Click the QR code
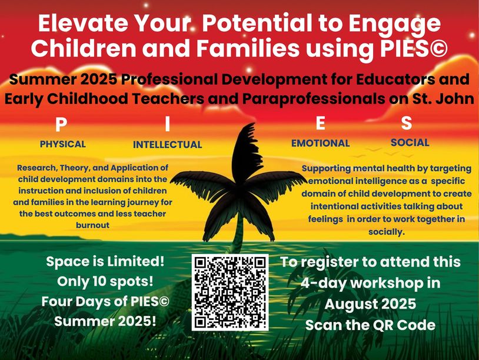pyautogui.click(x=230, y=292)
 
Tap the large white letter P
pyautogui.click(x=61, y=125)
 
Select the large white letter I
pyautogui.click(x=167, y=124)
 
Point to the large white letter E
pyautogui.click(x=320, y=124)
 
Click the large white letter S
pyautogui.click(x=406, y=123)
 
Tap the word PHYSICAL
pyautogui.click(x=62, y=144)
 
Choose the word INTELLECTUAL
pyautogui.click(x=167, y=145)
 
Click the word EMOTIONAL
pyautogui.click(x=321, y=143)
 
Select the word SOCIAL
pyautogui.click(x=410, y=142)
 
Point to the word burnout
pyautogui.click(x=92, y=225)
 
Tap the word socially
pyautogui.click(x=387, y=232)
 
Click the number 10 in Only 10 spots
pyautogui.click(x=99, y=281)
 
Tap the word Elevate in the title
pyautogui.click(x=83, y=24)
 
